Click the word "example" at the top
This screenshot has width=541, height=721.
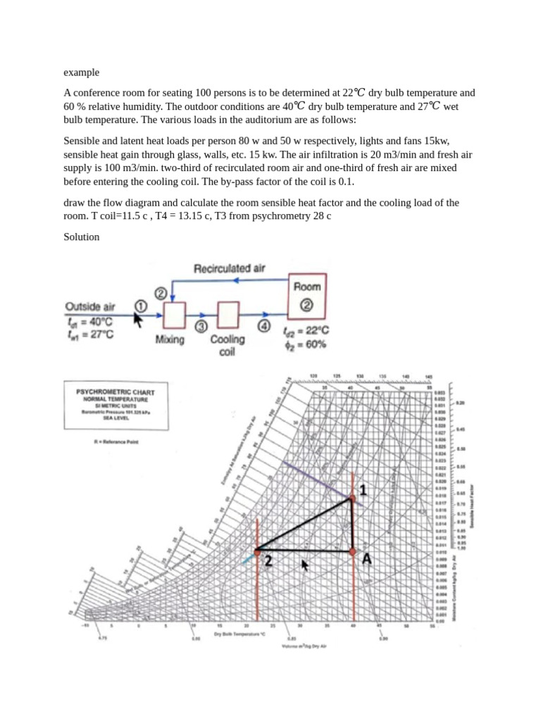pos(82,72)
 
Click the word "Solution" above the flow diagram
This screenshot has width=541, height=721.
pos(82,237)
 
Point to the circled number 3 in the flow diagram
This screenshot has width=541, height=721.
pos(201,326)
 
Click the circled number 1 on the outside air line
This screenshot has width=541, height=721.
pos(139,306)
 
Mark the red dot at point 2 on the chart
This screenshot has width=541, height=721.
pos(256,550)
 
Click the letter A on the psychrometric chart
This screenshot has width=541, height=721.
pos(366,559)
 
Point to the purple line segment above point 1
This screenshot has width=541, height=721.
pos(321,482)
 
